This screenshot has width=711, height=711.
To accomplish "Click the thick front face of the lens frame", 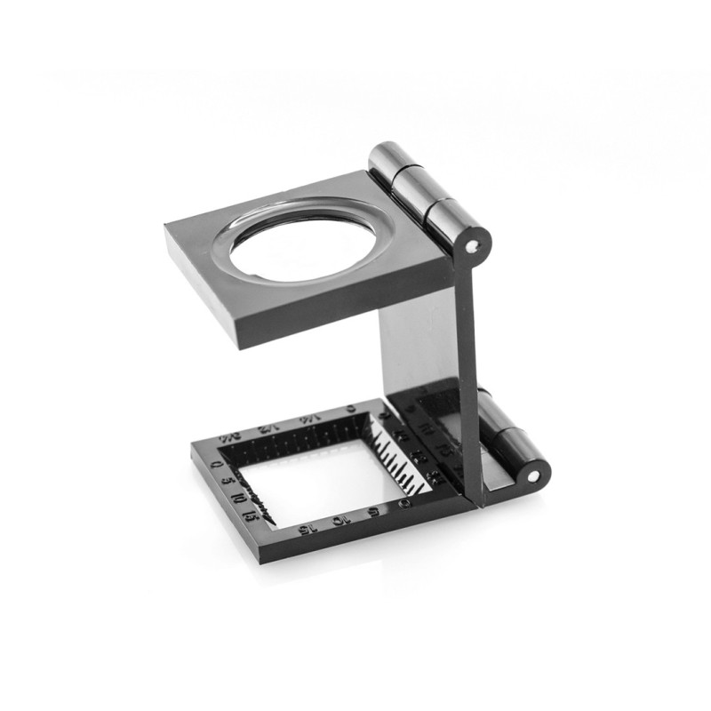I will coord(347,307).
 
